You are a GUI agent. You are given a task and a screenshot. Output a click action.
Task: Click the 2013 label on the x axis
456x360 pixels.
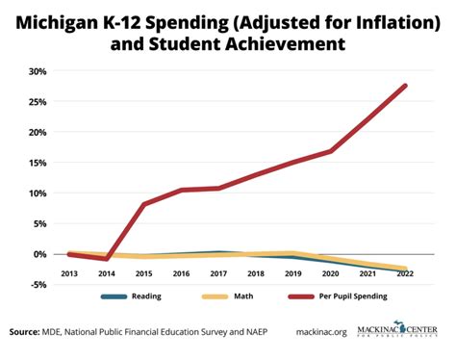click(69, 273)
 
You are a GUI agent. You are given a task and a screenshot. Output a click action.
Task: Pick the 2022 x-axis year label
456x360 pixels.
click(405, 273)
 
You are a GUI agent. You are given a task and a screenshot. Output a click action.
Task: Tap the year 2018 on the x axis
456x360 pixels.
click(256, 273)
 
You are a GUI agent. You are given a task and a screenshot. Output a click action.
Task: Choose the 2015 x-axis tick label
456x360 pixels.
click(144, 273)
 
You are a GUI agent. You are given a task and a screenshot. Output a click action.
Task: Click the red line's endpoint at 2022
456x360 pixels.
click(404, 86)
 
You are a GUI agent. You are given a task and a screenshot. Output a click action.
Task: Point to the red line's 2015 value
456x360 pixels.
click(144, 204)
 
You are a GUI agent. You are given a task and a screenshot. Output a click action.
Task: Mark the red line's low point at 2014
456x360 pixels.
click(107, 259)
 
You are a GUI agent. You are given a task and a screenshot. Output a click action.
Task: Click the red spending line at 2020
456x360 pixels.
click(330, 151)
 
